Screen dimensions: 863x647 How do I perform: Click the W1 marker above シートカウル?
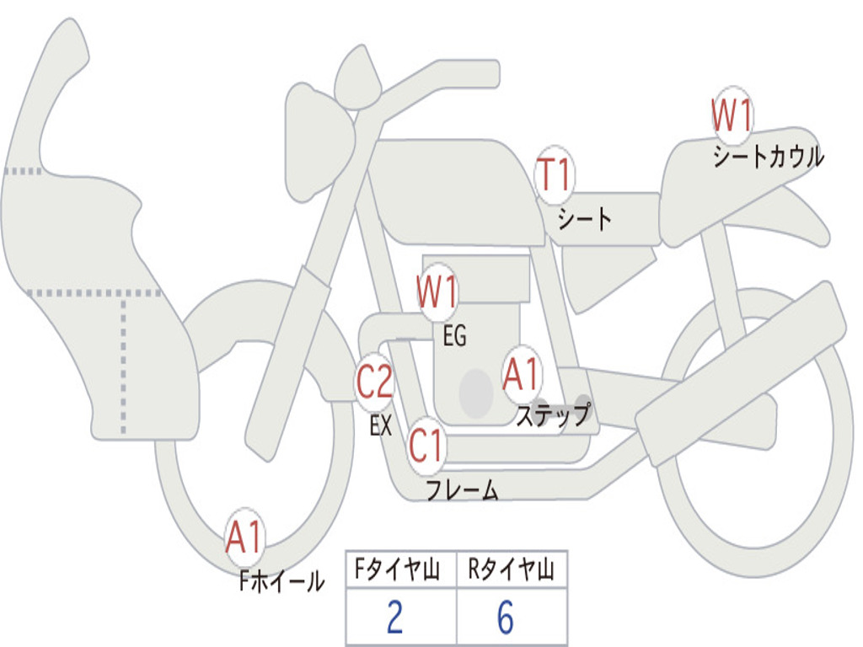pos(732,115)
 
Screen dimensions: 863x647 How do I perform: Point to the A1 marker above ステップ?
pos(522,374)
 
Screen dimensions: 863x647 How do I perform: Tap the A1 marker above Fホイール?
pos(245,537)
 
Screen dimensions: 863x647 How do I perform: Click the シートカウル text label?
pos(768,157)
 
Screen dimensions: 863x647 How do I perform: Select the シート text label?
pos(585,220)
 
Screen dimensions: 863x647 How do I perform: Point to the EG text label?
pos(454,336)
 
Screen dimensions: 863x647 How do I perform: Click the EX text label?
pos(381,426)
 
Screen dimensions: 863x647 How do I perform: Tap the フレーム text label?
pos(462,489)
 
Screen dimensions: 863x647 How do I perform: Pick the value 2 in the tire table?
pos(394,618)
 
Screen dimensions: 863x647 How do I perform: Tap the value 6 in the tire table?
pos(506,618)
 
